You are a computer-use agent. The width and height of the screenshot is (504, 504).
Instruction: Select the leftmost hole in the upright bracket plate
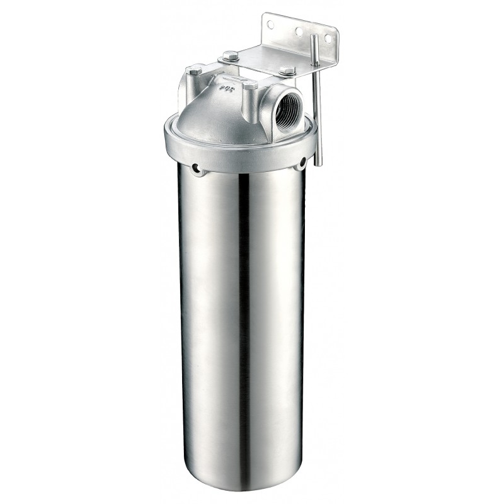(x=271, y=25)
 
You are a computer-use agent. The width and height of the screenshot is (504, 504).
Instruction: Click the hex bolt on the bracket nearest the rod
(x=287, y=71)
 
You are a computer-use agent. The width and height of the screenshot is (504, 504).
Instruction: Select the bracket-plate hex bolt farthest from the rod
(x=231, y=55)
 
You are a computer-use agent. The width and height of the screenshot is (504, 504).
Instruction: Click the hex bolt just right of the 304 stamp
(x=250, y=84)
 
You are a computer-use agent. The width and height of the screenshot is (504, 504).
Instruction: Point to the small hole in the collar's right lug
(x=303, y=162)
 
